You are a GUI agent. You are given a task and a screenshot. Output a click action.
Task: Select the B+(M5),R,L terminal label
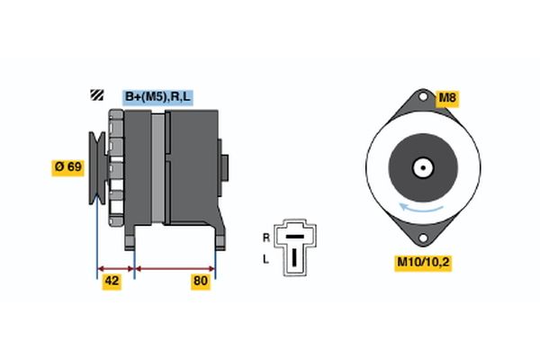pyautogui.click(x=157, y=96)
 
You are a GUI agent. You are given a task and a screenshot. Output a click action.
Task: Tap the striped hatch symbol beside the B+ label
pyautogui.click(x=95, y=96)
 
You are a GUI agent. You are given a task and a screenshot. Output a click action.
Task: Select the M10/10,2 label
pyautogui.click(x=421, y=263)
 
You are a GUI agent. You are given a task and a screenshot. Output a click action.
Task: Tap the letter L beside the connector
pyautogui.click(x=265, y=258)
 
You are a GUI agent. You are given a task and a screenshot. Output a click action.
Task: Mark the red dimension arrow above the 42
pyautogui.click(x=115, y=268)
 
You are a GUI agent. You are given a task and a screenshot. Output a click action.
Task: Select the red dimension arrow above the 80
pyautogui.click(x=175, y=268)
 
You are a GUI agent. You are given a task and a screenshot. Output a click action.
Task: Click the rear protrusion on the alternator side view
pyautogui.click(x=225, y=168)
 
